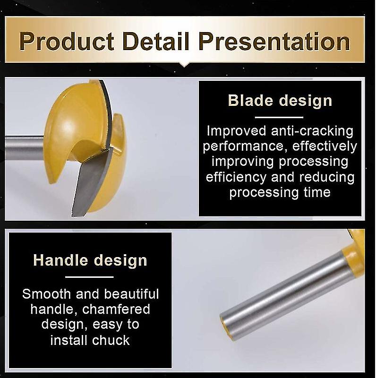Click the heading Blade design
click(280, 101)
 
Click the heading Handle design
click(90, 260)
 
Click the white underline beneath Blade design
click(279, 117)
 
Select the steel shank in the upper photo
click(24, 147)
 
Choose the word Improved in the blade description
click(235, 130)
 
